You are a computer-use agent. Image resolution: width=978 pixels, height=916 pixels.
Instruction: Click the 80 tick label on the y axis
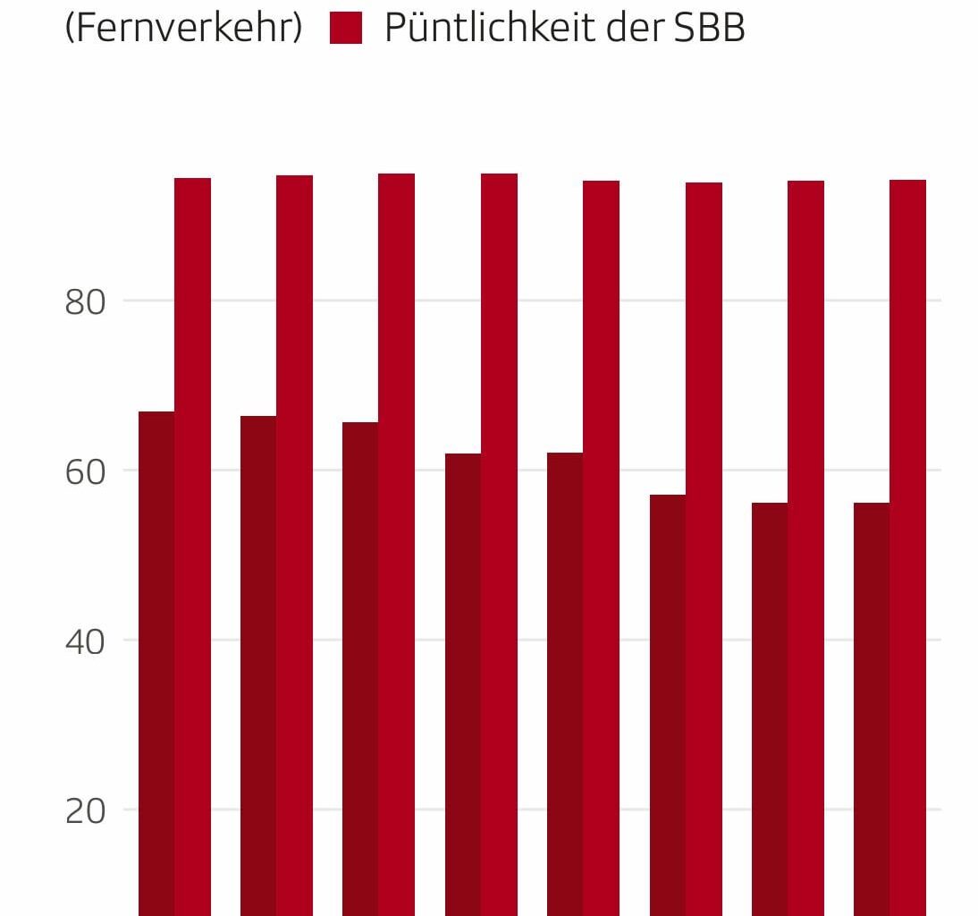coord(85,302)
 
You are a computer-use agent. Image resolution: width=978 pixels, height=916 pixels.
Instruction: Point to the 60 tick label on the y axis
coord(85,471)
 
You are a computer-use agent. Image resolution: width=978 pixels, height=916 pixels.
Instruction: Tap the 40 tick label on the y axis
coord(85,641)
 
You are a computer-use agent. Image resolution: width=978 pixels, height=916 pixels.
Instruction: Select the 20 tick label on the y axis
coord(85,811)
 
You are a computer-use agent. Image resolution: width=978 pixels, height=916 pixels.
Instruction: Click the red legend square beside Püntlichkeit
coord(346,28)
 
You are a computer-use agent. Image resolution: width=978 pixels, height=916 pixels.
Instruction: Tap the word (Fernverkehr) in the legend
coord(184,29)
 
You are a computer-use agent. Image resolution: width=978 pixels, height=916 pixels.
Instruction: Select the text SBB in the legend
coord(710,29)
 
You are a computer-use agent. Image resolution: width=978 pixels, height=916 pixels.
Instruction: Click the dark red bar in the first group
coord(156,662)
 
